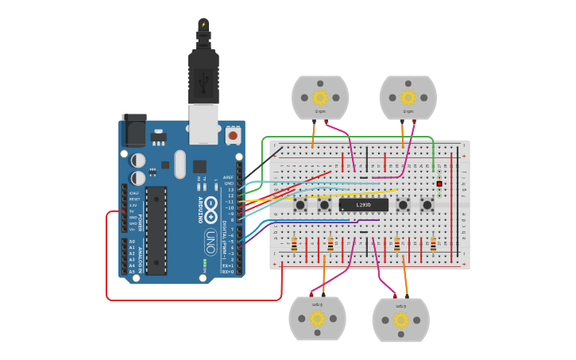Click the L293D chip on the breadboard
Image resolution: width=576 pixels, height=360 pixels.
pos(364,205)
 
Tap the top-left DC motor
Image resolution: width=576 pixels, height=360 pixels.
pos(320,97)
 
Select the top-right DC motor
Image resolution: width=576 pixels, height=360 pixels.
pos(408,97)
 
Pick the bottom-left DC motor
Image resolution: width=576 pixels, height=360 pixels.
pos(317,319)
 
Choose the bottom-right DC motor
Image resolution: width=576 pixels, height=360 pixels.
pos(400,319)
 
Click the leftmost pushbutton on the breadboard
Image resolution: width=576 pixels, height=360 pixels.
pos(301,206)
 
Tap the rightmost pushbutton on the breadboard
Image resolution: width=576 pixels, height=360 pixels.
pos(427,206)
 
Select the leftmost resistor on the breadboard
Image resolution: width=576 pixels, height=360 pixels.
pos(295,243)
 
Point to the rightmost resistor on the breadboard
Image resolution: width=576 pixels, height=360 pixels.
pos(433,243)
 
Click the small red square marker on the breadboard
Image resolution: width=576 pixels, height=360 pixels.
pos(439,184)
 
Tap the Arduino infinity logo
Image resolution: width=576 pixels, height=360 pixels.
pos(211,207)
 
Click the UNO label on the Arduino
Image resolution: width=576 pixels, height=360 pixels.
pos(211,238)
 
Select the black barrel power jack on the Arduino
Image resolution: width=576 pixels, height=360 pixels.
pos(133,129)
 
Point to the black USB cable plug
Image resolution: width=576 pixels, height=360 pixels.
pos(203,75)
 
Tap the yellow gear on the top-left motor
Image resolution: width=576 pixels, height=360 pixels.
pos(320,97)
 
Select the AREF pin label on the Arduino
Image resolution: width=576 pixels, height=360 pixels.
pos(228,177)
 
